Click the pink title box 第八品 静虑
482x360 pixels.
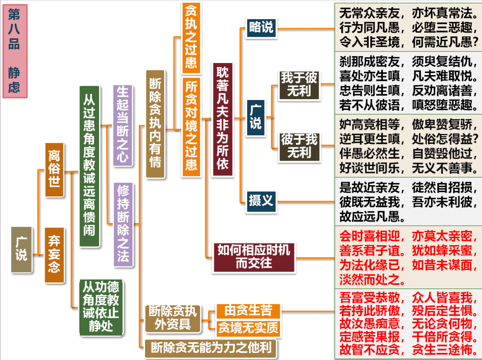click(21, 51)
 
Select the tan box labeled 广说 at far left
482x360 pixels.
click(21, 249)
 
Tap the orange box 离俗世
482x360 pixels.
click(54, 169)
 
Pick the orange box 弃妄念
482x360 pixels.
click(54, 255)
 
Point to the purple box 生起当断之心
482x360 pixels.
click(123, 126)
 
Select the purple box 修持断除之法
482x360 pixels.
click(123, 224)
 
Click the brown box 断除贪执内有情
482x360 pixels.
click(155, 124)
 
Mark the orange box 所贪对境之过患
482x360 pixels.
click(191, 126)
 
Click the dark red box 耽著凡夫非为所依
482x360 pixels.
click(222, 119)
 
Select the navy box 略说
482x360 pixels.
click(261, 28)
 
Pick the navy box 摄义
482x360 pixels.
click(261, 200)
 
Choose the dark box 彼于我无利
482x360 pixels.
click(299, 146)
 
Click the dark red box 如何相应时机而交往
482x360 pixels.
click(254, 257)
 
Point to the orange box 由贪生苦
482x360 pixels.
click(248, 310)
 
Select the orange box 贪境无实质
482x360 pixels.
click(248, 328)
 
